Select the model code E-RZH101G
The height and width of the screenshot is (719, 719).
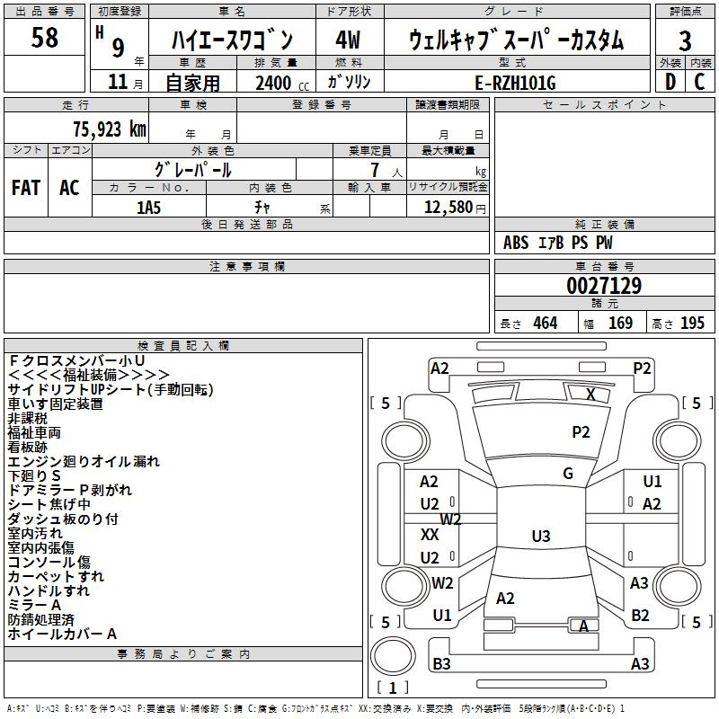515,83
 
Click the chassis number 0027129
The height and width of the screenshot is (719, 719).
603,286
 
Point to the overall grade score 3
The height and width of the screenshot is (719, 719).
685,40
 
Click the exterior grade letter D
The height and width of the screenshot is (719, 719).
670,82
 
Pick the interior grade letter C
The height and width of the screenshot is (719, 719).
700,82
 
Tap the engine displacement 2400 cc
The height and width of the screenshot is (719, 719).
278,84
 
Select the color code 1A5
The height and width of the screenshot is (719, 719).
148,207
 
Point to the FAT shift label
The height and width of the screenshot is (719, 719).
26,188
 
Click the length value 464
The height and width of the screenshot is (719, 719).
545,323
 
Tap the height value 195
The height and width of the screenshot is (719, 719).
692,323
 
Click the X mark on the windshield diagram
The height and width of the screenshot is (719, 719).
590,394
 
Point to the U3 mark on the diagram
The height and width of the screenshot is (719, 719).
540,537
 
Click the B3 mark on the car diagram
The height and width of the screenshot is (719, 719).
441,664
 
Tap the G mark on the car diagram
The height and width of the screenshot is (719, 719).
568,474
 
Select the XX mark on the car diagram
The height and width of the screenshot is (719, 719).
430,534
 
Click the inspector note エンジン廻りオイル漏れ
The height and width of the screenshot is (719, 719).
84,461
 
